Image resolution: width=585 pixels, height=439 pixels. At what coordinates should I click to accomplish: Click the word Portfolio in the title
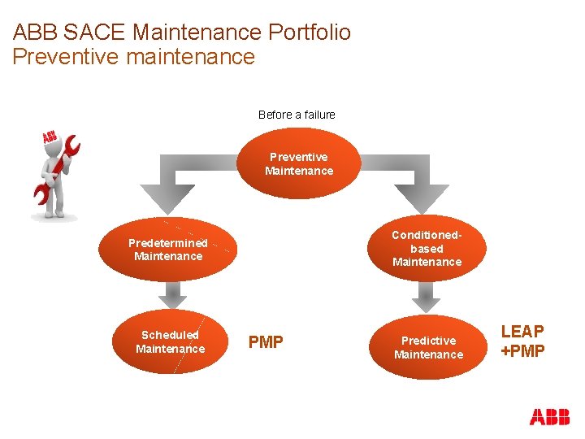308,33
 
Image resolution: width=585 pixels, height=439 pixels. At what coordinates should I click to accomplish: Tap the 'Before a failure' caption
297,115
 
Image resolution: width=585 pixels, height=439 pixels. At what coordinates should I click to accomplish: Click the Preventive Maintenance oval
299,163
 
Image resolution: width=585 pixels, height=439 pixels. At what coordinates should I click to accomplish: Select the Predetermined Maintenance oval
168,250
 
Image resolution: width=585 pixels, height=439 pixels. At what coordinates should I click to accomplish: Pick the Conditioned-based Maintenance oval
427,248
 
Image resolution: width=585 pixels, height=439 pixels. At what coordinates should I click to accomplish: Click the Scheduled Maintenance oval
170,341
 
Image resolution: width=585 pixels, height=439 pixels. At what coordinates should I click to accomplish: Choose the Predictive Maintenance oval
428,346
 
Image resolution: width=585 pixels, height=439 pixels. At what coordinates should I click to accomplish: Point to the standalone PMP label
266,342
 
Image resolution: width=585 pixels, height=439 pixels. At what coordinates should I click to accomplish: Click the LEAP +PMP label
522,341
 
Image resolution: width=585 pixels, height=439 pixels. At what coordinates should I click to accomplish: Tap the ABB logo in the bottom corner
549,417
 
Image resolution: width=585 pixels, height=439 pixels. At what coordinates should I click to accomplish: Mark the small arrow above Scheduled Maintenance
170,294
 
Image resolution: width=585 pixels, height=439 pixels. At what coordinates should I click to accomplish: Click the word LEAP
522,332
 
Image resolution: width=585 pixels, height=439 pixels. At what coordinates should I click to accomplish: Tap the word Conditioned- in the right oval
427,235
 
